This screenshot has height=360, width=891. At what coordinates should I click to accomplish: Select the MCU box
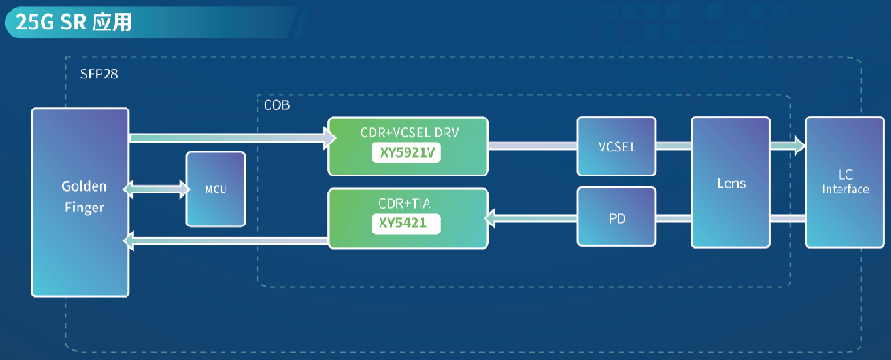tap(215, 189)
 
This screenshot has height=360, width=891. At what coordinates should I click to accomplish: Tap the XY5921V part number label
tap(407, 153)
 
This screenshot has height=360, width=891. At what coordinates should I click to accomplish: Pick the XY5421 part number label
tap(407, 225)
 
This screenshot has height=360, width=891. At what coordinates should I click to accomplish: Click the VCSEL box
tap(617, 145)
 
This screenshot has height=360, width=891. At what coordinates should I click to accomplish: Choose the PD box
tap(617, 217)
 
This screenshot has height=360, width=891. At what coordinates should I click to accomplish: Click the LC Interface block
tap(845, 183)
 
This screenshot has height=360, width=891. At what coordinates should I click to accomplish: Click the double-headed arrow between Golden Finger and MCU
tap(157, 189)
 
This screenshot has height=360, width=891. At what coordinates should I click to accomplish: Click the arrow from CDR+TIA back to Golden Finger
tap(226, 240)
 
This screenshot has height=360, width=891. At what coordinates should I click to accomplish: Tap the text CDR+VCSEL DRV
tap(407, 132)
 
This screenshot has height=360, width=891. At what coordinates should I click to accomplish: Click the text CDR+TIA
tap(407, 204)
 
